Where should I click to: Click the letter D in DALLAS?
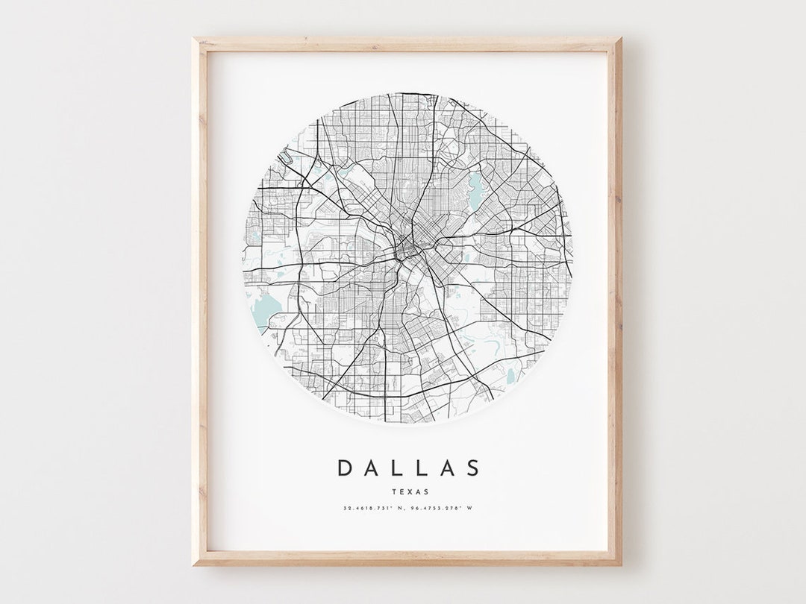coord(345,468)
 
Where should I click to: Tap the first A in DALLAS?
coord(372,468)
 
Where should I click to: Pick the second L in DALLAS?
coord(422,468)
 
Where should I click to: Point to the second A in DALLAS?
coord(446,468)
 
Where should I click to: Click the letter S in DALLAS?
coord(472,468)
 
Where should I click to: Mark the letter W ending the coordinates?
coord(469,509)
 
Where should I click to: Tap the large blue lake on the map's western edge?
coord(263,309)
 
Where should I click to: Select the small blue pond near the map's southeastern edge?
coord(511,377)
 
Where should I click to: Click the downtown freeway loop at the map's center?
coord(407,247)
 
